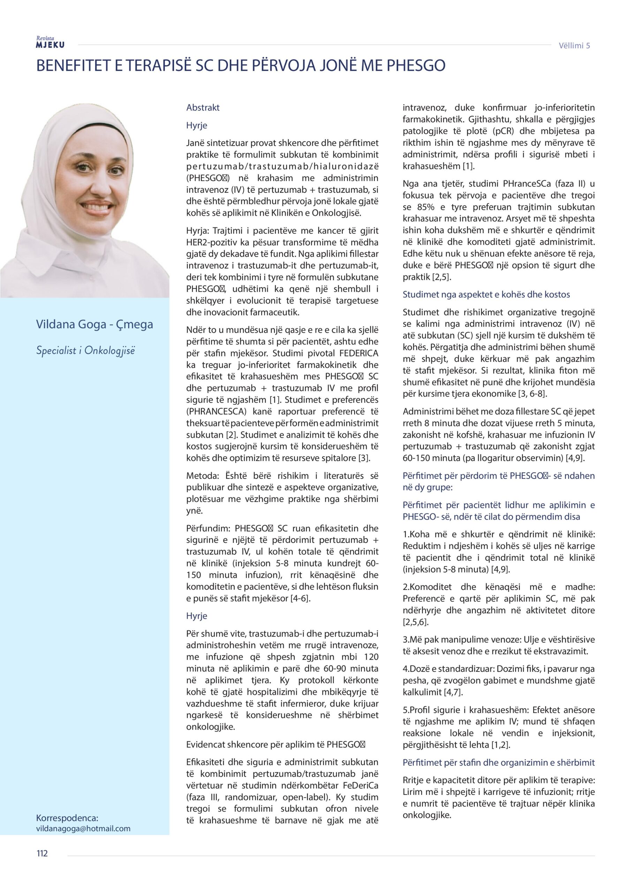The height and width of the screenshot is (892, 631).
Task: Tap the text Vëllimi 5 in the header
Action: click(574, 45)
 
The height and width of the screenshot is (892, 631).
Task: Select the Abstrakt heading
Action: click(203, 108)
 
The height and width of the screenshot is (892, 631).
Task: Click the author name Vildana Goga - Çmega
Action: click(94, 324)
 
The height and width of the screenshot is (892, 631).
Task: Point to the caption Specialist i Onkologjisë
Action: click(85, 351)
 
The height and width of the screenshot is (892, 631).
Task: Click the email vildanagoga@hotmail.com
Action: click(83, 828)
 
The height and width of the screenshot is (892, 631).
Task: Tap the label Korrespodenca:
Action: click(67, 818)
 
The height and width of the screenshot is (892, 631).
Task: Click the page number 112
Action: click(42, 853)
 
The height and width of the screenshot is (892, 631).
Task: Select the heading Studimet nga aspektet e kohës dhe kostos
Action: click(486, 294)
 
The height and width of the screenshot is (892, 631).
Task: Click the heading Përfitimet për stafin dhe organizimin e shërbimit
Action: click(499, 762)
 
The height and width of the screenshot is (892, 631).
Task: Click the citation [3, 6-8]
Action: click(532, 393)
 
